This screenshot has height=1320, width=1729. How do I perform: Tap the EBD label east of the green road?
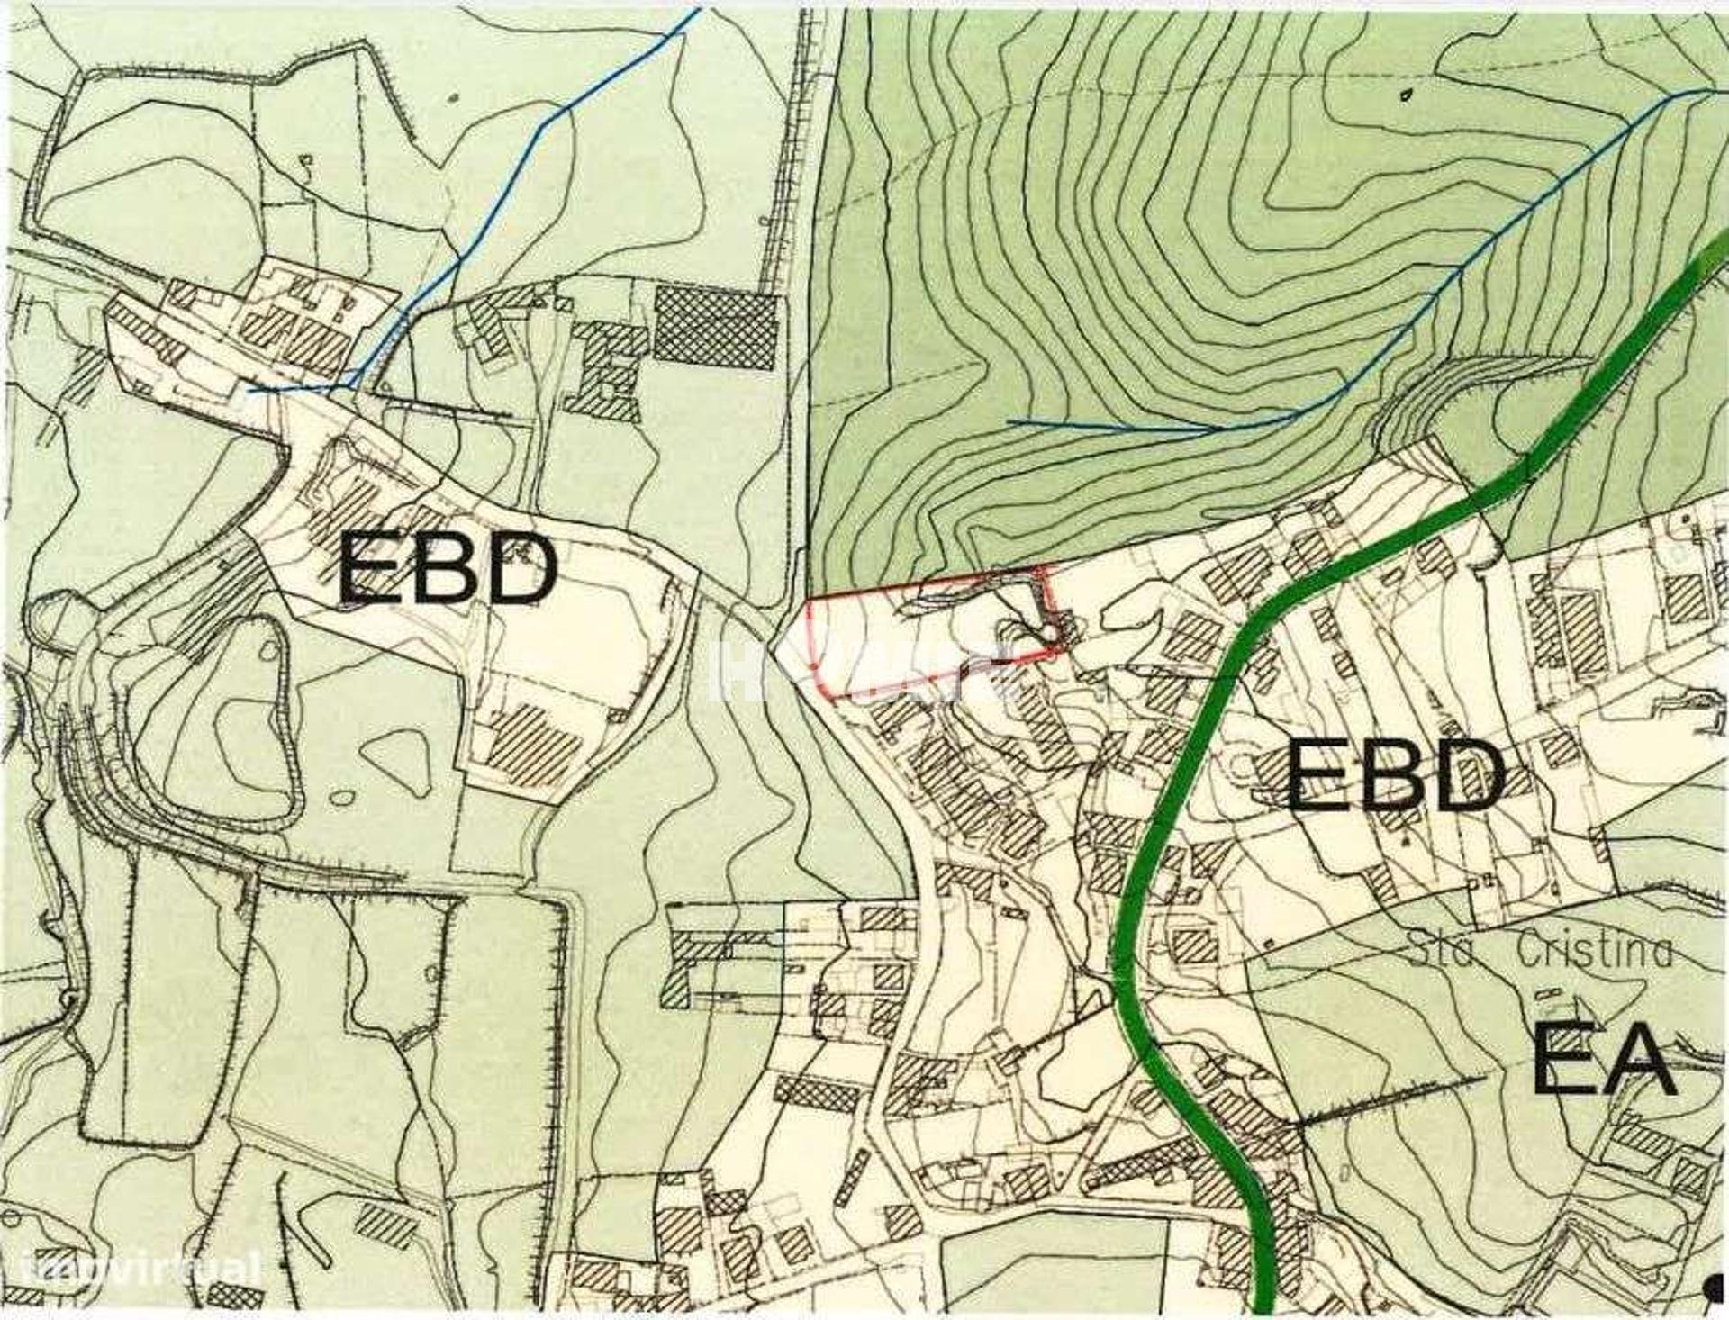[x=1394, y=774]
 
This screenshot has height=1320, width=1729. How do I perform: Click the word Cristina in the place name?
[x=1594, y=951]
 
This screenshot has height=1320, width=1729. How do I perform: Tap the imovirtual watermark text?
[x=144, y=1270]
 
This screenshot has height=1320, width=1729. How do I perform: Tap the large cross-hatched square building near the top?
[x=714, y=327]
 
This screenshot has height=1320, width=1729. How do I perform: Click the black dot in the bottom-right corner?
[x=1715, y=1288]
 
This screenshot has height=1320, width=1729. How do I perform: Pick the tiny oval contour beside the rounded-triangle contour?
[x=342, y=797]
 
